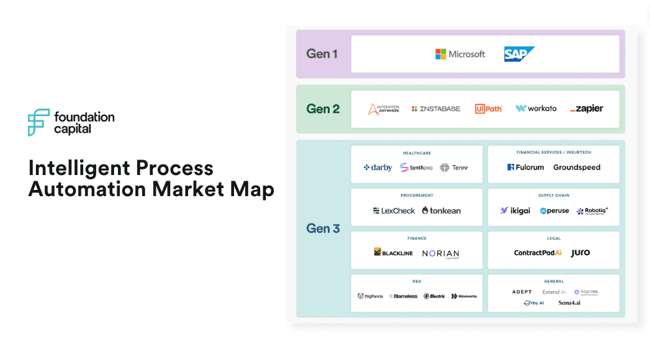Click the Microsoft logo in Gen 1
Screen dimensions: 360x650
[x=460, y=54]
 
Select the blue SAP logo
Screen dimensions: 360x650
[x=519, y=54]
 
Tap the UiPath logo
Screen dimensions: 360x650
[x=489, y=109]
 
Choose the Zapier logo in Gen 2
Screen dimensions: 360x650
[x=587, y=109]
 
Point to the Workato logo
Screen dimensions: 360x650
[x=536, y=109]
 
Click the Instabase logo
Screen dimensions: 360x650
[x=436, y=109]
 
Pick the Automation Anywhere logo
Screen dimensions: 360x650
[x=384, y=109]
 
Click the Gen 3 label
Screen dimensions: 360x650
[x=323, y=228]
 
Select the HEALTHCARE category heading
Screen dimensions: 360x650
[x=417, y=153]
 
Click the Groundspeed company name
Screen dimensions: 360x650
[x=577, y=168]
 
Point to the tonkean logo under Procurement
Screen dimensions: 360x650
[x=441, y=210]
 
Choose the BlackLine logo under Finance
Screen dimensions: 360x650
[x=394, y=253]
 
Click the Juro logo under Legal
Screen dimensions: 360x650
[x=580, y=253]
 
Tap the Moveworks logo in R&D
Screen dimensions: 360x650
[x=464, y=296]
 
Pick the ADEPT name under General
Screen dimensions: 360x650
[x=522, y=292]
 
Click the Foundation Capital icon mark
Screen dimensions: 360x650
[x=38, y=122]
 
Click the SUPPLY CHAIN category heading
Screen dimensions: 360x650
[x=554, y=196]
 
